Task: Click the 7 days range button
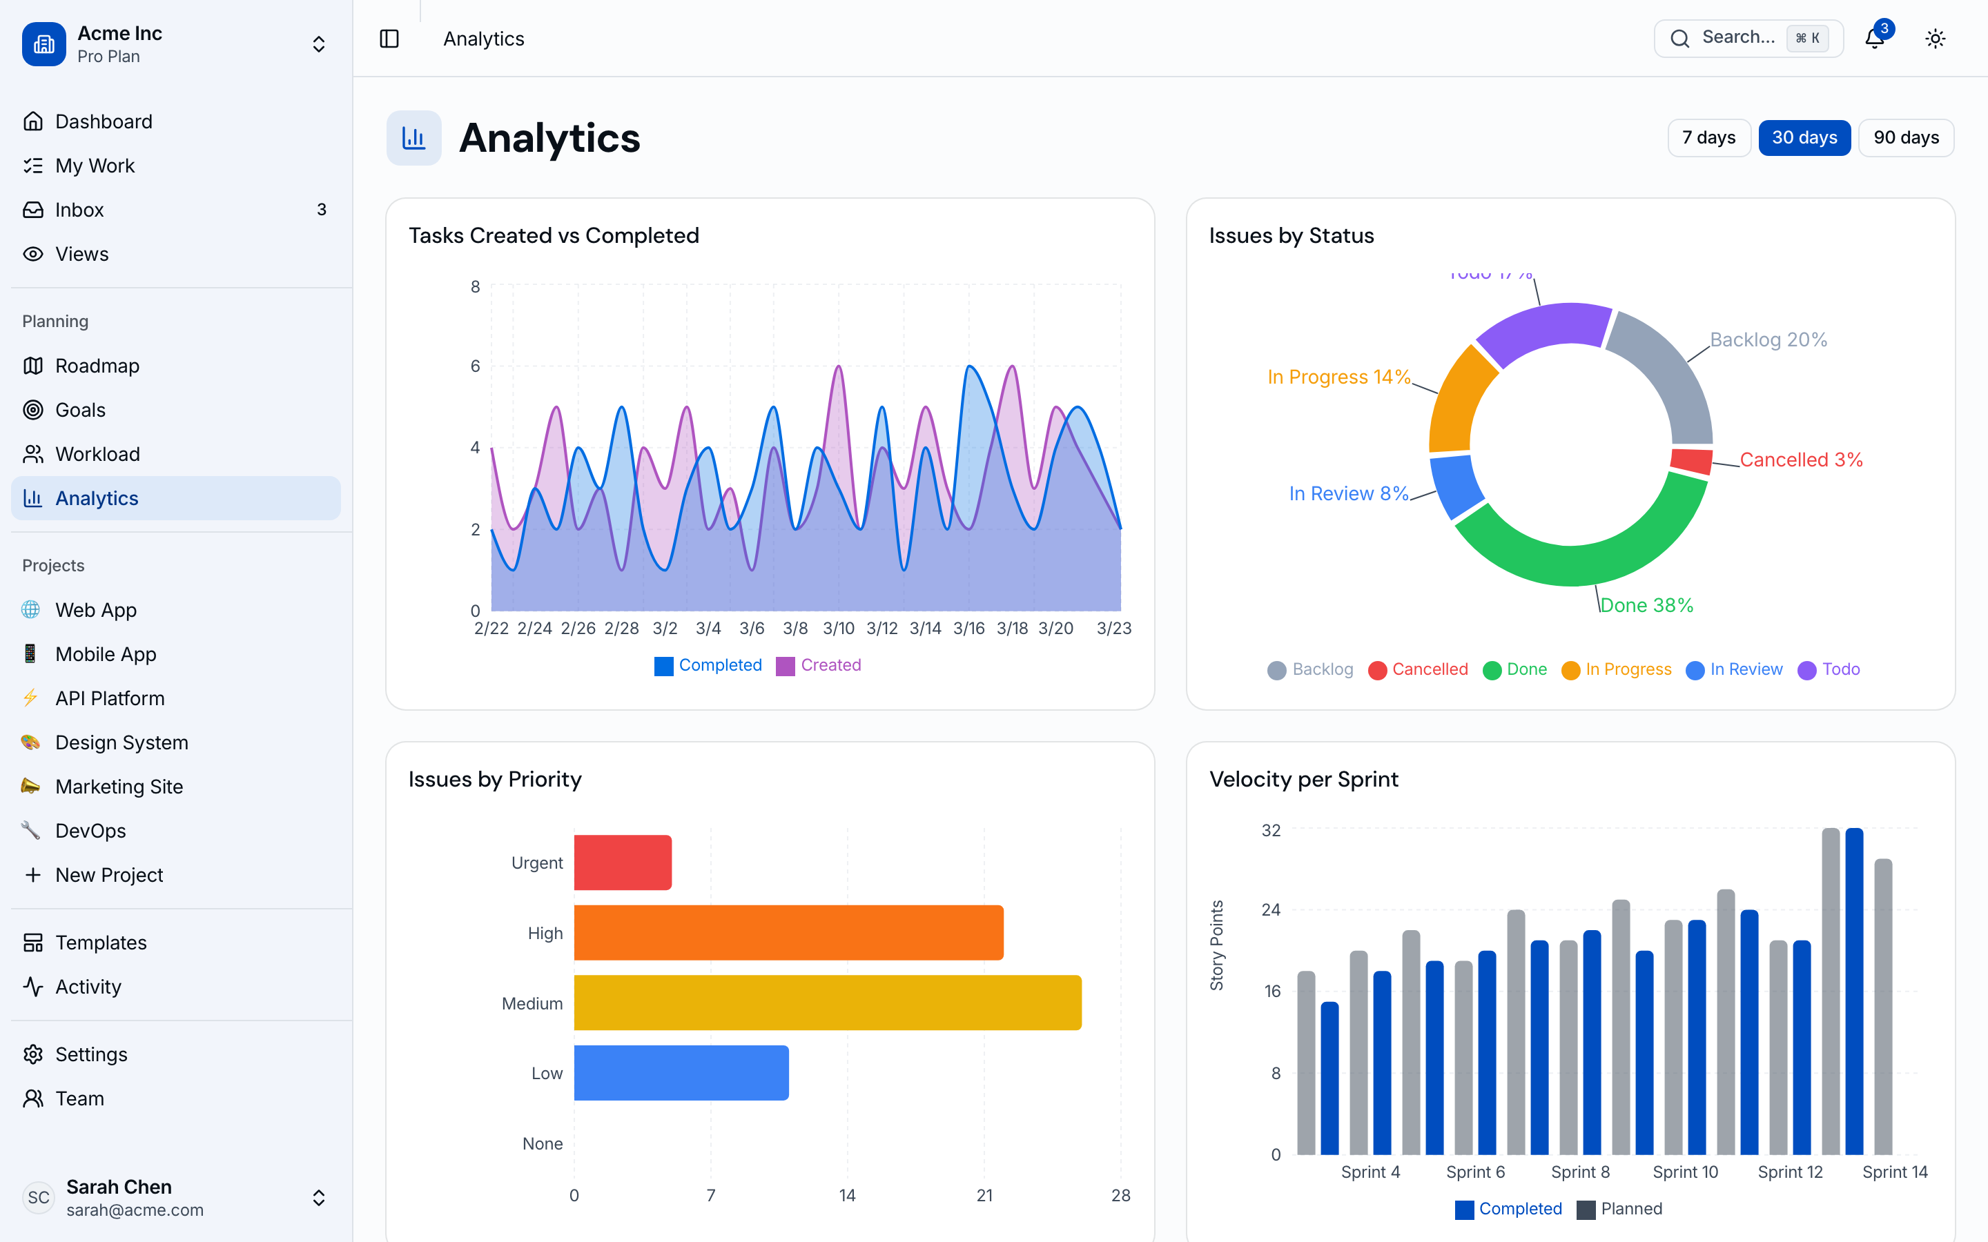(1708, 137)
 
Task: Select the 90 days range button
(1906, 137)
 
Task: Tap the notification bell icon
(1874, 39)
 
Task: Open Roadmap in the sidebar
(97, 366)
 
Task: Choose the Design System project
(121, 742)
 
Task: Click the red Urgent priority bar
(622, 862)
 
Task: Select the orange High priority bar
(788, 932)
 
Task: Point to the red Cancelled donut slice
(1691, 461)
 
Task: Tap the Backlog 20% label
(1768, 340)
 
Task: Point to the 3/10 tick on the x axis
(839, 629)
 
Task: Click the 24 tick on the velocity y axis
(1270, 909)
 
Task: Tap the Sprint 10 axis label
(1685, 1172)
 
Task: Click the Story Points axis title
(1217, 945)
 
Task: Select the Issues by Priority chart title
(494, 779)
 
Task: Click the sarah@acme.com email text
(135, 1210)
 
